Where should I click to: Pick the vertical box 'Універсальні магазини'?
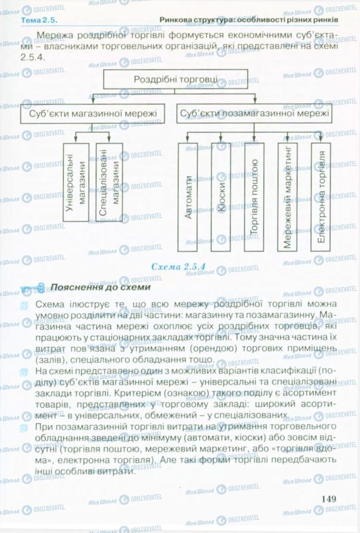[x=75, y=182]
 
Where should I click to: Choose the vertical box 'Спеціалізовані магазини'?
[x=109, y=182]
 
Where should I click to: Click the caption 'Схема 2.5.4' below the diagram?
[x=178, y=266]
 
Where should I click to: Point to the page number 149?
[x=329, y=499]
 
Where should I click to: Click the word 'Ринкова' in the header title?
[x=176, y=20]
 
